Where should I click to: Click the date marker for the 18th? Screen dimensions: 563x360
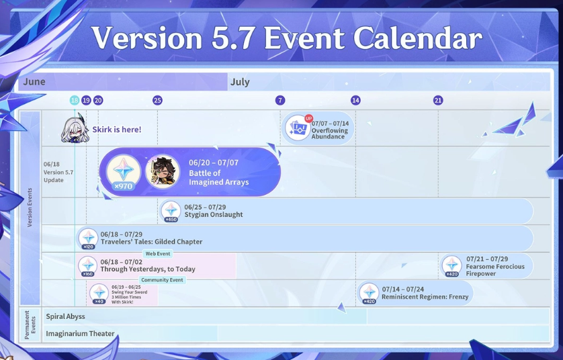point(75,101)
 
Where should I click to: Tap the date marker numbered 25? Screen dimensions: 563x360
point(157,101)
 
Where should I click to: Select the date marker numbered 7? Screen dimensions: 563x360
point(280,101)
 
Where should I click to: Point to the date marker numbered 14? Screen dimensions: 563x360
point(355,101)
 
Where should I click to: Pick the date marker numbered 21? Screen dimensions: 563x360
point(437,101)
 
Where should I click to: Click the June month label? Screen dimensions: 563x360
point(34,82)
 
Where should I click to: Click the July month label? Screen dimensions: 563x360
point(240,82)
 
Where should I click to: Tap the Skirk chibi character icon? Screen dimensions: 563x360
point(75,128)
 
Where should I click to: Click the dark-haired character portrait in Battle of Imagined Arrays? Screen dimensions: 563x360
point(163,173)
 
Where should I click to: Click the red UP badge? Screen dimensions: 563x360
point(309,118)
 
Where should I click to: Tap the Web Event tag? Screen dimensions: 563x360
point(158,254)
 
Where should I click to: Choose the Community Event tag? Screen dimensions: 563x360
point(162,280)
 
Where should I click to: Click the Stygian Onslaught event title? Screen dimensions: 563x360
point(214,215)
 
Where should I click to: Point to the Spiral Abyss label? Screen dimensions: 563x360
point(65,316)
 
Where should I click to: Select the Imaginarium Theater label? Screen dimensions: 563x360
point(80,334)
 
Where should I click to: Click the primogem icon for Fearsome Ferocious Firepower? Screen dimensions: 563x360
point(451,266)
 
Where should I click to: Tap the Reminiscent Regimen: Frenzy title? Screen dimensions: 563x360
point(425,297)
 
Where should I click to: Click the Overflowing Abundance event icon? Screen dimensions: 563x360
point(298,128)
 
